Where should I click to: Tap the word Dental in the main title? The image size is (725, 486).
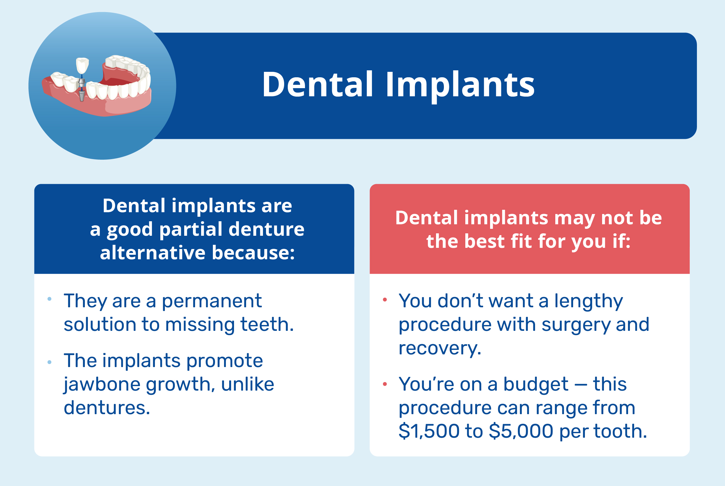tap(317, 85)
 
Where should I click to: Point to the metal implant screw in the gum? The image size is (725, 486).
tap(82, 94)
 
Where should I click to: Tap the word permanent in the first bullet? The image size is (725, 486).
tap(212, 301)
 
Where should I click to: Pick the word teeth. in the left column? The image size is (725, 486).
tap(267, 324)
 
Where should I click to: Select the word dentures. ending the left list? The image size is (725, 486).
tap(107, 408)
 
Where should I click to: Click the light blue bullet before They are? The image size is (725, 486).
tap(49, 299)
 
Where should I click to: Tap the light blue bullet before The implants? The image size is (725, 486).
tap(49, 362)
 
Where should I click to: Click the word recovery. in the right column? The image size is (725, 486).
tap(440, 348)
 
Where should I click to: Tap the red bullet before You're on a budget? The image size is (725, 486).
tap(385, 384)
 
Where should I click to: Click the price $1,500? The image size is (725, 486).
tap(429, 431)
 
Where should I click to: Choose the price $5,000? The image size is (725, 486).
tap(521, 431)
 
